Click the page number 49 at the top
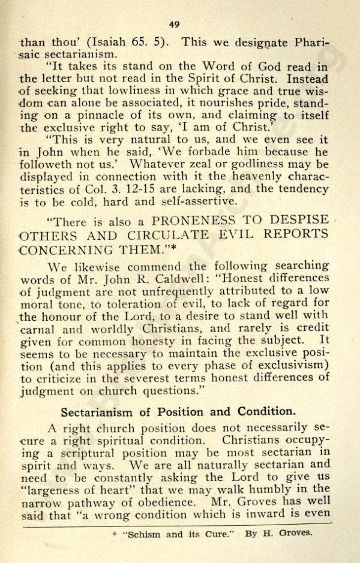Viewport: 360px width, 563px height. click(x=175, y=24)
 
